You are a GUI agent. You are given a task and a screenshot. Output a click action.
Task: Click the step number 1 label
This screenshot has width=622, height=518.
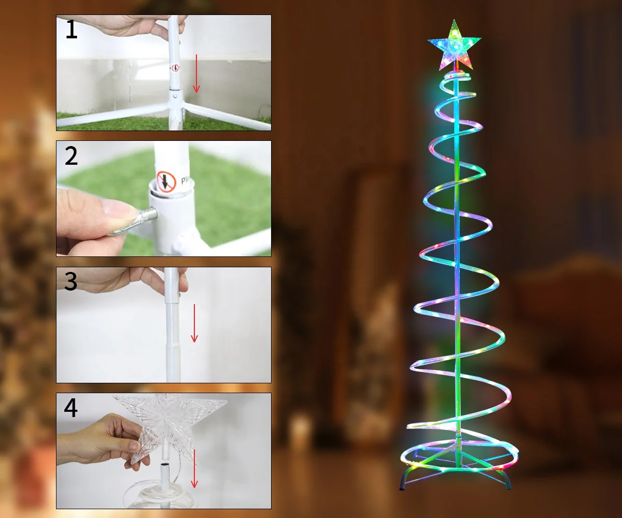(71, 30)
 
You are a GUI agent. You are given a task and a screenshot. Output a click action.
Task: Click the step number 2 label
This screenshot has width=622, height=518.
(71, 156)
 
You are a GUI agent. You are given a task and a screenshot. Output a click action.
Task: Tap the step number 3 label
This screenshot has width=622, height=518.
(71, 282)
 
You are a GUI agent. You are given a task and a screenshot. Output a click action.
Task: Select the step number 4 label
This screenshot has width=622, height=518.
(71, 408)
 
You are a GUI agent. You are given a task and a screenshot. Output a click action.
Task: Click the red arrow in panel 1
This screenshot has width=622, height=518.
(196, 73)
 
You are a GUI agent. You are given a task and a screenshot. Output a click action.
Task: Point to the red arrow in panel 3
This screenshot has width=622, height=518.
(194, 323)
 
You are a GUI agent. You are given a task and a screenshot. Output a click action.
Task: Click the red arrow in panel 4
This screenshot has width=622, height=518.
(194, 469)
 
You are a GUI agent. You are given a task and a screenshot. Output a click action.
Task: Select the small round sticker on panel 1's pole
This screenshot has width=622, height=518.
(175, 68)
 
